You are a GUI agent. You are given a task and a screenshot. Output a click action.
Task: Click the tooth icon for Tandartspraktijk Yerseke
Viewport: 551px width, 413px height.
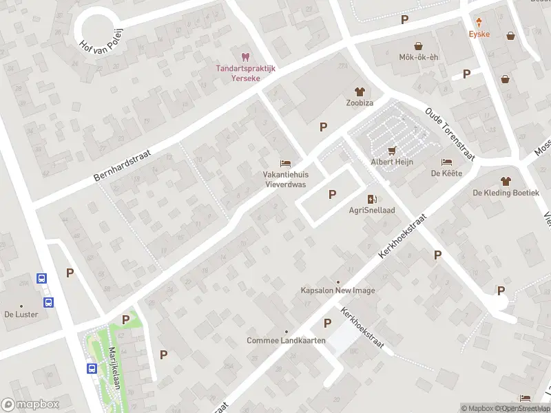click(243, 57)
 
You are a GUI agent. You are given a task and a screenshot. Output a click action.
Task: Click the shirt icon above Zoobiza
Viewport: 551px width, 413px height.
click(359, 91)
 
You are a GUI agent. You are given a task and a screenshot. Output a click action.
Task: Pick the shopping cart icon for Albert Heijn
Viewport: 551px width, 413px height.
click(392, 149)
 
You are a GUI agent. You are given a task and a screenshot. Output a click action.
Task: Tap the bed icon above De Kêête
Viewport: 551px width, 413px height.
click(447, 162)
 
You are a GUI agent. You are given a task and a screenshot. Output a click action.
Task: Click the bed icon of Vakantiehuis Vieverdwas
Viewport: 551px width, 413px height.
click(285, 163)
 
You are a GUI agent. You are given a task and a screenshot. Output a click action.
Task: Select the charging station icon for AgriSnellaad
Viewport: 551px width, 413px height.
click(372, 199)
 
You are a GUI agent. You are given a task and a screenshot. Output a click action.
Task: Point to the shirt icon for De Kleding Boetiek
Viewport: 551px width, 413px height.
click(506, 181)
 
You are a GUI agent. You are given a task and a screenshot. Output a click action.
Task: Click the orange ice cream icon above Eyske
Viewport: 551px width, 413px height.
click(479, 22)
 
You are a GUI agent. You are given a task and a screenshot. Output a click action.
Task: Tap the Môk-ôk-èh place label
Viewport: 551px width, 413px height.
click(419, 58)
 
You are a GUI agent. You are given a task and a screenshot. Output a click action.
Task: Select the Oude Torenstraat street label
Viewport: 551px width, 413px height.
click(450, 134)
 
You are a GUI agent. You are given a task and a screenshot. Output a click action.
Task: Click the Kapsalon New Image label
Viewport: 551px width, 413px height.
click(338, 290)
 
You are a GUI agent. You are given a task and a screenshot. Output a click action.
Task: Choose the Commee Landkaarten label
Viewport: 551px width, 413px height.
click(286, 341)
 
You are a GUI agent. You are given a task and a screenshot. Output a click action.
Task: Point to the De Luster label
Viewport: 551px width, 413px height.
click(21, 314)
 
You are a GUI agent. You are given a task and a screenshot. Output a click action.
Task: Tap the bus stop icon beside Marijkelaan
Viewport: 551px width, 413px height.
click(92, 368)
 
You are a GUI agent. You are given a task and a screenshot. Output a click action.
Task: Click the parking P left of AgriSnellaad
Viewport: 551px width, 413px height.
click(333, 194)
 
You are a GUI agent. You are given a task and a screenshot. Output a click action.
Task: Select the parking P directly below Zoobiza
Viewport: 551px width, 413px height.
click(323, 126)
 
